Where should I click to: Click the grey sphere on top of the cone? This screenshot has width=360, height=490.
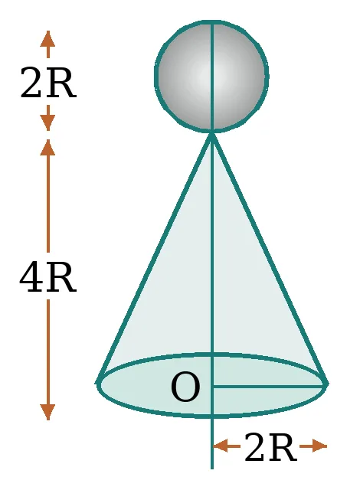tap(211, 77)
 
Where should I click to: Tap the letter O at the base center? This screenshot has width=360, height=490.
tap(185, 387)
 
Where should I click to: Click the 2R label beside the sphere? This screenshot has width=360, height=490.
tap(47, 83)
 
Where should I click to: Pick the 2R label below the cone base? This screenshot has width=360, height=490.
tap(270, 446)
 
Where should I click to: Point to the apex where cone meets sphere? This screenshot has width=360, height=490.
tap(212, 134)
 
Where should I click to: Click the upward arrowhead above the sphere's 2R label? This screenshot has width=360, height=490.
tap(47, 39)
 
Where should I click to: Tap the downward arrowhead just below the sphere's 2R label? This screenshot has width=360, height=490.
tap(47, 122)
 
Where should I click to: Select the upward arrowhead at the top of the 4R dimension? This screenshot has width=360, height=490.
tap(47, 148)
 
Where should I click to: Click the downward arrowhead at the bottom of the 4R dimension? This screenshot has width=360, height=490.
tap(47, 412)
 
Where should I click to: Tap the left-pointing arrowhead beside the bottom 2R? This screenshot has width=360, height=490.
tap(221, 446)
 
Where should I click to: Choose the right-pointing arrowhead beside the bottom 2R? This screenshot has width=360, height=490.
tap(319, 446)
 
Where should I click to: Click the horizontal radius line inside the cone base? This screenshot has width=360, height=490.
tap(268, 387)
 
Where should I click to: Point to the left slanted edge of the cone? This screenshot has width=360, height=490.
tap(155, 258)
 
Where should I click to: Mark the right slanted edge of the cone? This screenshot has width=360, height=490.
tap(270, 258)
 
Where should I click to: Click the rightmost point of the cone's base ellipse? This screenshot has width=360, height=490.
tap(327, 384)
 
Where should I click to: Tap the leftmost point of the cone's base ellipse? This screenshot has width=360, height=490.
tap(97, 383)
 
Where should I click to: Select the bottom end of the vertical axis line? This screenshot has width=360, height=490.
tap(212, 469)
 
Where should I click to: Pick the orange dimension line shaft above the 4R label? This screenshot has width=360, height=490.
tap(47, 204)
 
